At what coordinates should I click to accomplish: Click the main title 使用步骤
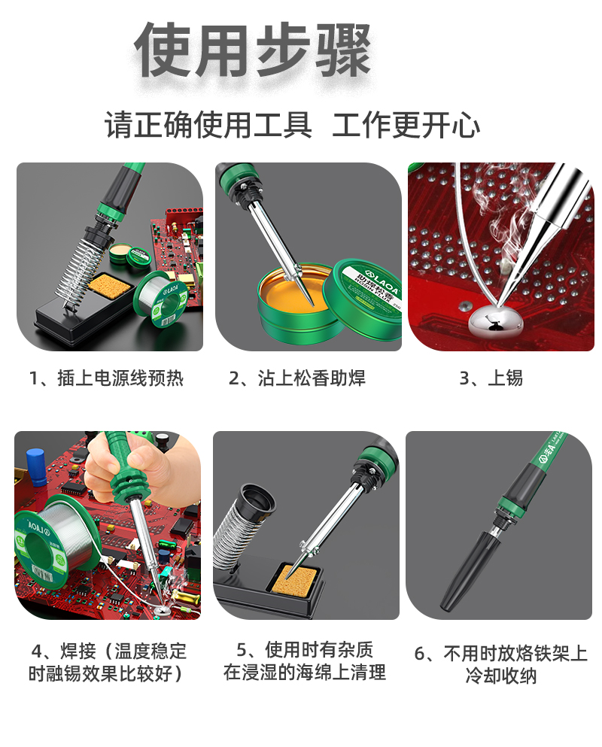pyautogui.click(x=253, y=50)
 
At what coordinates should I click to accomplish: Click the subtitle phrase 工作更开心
pyautogui.click(x=406, y=126)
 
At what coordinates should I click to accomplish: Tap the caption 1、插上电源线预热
pyautogui.click(x=106, y=378)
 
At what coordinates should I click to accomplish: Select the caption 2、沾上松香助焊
pyautogui.click(x=297, y=378)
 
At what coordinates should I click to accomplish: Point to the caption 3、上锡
pyautogui.click(x=491, y=378)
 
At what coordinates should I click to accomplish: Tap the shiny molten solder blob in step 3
pyautogui.click(x=496, y=320)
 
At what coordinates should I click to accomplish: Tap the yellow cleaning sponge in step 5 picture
pyautogui.click(x=295, y=582)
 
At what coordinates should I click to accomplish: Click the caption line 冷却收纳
pyautogui.click(x=500, y=676)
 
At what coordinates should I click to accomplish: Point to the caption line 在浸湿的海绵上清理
pyautogui.click(x=305, y=673)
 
